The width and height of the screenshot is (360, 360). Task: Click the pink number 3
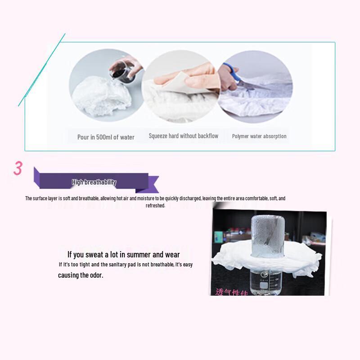point(18,168)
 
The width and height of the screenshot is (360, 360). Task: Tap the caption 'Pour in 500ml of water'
point(106,137)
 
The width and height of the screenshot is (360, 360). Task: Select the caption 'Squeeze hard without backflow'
point(184,136)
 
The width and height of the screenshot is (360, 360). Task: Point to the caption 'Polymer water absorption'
point(259,136)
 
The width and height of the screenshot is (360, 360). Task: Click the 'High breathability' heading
point(94,182)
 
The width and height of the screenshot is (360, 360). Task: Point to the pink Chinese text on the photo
point(231,292)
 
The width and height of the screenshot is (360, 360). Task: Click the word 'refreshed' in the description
point(155,206)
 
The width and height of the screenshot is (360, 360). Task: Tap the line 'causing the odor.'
point(81,275)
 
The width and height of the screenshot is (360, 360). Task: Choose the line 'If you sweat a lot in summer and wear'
point(123,255)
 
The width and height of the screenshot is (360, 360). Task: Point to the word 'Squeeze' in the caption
point(158,136)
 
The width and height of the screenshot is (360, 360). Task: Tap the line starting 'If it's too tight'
point(126,265)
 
